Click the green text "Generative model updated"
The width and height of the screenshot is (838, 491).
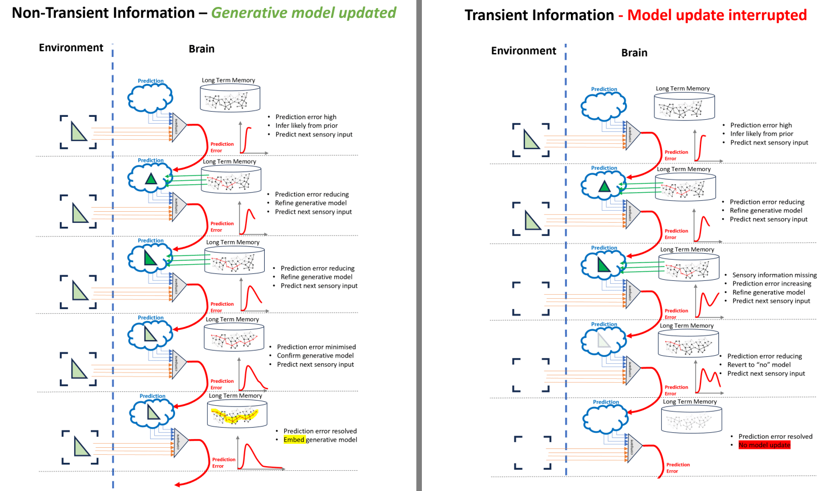(x=303, y=13)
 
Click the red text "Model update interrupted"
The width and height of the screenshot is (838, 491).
(x=717, y=15)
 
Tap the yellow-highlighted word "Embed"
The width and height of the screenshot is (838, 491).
(x=294, y=440)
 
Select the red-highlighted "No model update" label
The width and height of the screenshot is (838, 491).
(x=764, y=445)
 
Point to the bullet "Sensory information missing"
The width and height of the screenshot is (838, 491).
(x=774, y=275)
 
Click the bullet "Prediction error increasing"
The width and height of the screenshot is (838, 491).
(x=771, y=284)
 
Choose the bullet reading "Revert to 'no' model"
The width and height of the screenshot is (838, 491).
(x=759, y=365)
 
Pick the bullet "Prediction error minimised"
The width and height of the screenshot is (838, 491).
(x=316, y=347)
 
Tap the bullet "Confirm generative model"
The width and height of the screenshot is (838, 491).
(x=315, y=356)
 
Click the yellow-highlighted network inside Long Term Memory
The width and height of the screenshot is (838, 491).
(x=235, y=415)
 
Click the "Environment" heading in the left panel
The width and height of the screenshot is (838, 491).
(x=71, y=48)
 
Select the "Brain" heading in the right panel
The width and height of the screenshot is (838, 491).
(x=634, y=53)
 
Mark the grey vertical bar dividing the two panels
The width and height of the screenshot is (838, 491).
(x=419, y=245)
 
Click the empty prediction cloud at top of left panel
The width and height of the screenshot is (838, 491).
(x=150, y=97)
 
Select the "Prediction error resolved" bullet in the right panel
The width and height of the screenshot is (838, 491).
(x=775, y=436)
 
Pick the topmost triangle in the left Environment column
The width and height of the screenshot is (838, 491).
(x=78, y=131)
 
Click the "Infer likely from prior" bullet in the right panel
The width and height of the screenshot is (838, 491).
(x=761, y=134)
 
